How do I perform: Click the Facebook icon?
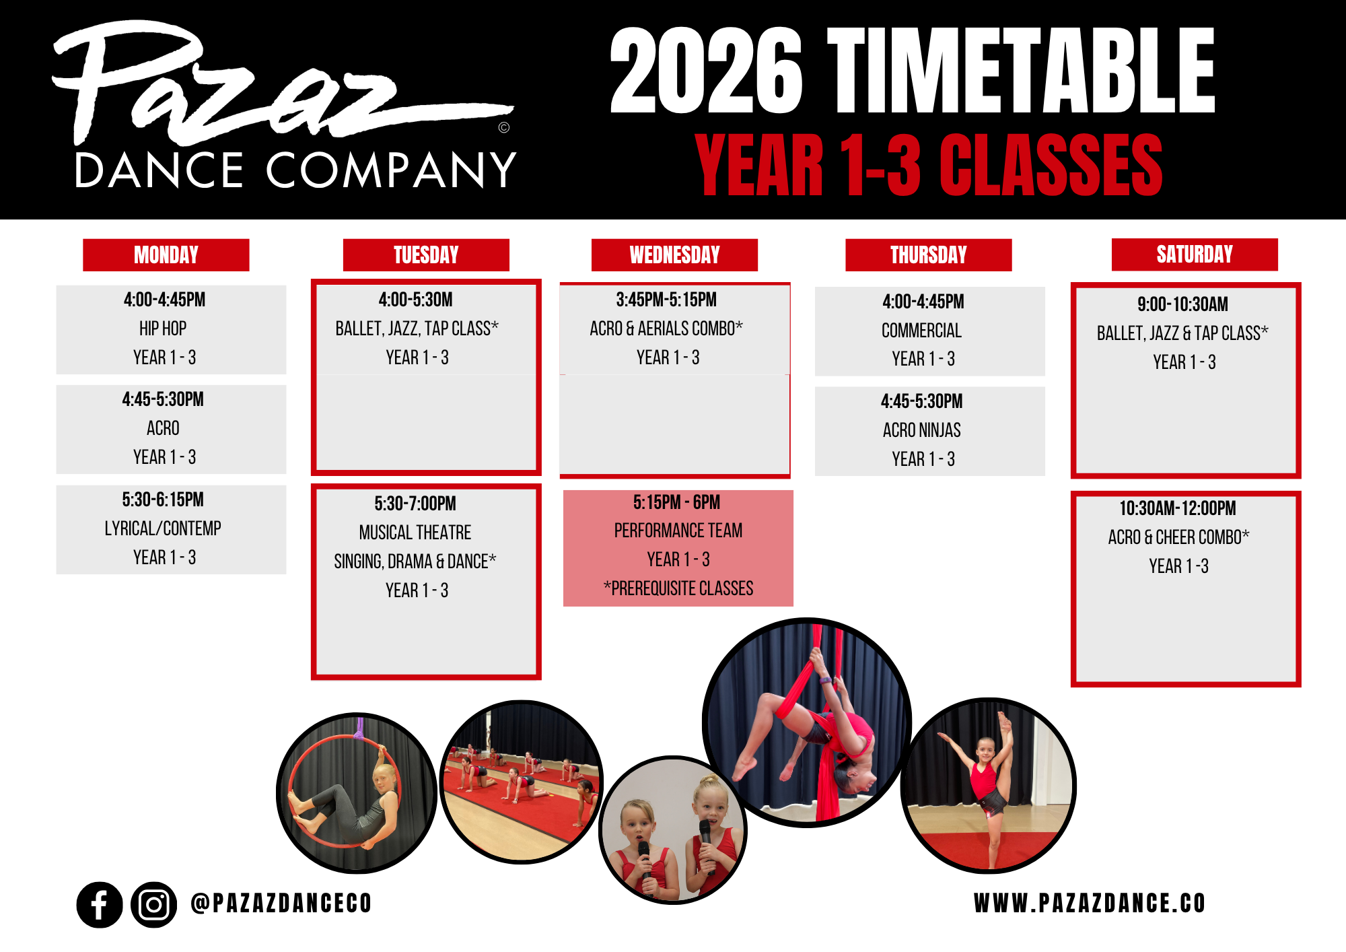click(100, 905)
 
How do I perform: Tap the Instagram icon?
click(154, 905)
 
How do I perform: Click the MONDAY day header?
click(166, 255)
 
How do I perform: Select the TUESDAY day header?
click(426, 255)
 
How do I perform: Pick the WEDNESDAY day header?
click(674, 255)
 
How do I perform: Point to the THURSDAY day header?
click(929, 255)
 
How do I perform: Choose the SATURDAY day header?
click(1195, 254)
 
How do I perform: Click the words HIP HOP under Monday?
click(163, 329)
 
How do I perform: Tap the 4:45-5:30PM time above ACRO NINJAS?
click(922, 401)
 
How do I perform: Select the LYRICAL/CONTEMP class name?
click(163, 529)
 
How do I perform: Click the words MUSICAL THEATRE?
click(415, 533)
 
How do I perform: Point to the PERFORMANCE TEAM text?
click(678, 531)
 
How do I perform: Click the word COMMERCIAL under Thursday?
click(922, 331)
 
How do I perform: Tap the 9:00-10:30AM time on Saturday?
click(1183, 304)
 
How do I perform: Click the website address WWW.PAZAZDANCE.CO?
click(1090, 904)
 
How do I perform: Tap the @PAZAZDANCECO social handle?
click(281, 904)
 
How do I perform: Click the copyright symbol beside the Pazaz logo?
click(504, 127)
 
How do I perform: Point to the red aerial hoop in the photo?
click(290, 788)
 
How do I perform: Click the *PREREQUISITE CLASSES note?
click(678, 588)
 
